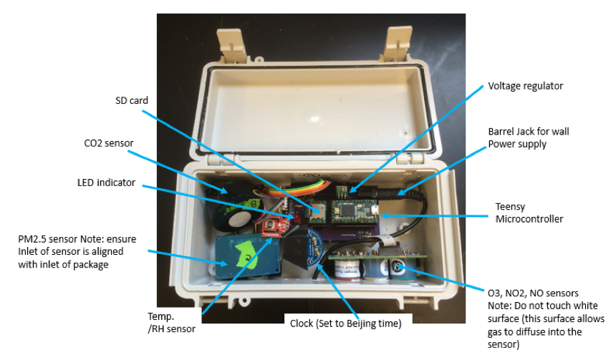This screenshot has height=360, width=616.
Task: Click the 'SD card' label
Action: tap(132, 101)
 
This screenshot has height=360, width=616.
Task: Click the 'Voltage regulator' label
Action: tap(525, 86)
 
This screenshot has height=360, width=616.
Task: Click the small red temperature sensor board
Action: tap(273, 228)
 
